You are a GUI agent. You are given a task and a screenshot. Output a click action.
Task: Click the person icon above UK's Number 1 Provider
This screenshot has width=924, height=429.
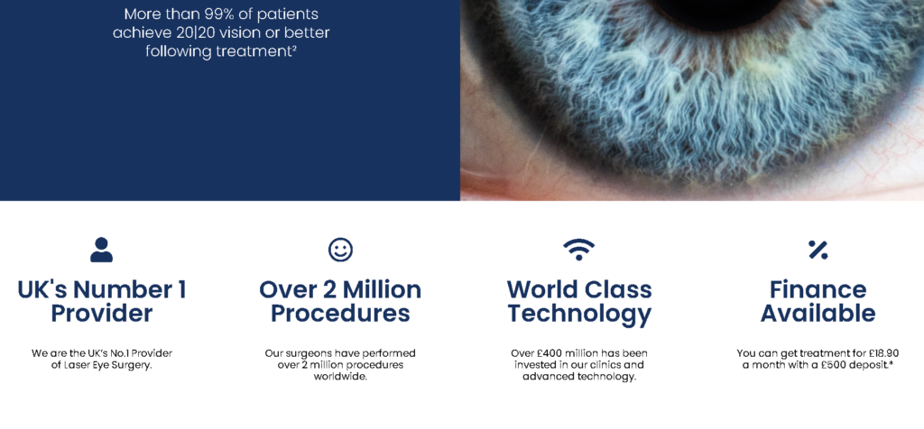coord(101,250)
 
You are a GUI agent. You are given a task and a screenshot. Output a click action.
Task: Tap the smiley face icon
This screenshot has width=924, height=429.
coord(340,250)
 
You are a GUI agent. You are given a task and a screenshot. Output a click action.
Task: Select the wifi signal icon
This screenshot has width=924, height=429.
coord(578,250)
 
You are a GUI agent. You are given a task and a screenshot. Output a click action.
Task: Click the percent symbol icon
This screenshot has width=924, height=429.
coord(818,250)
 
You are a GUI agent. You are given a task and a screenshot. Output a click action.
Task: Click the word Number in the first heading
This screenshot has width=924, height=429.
coord(119,289)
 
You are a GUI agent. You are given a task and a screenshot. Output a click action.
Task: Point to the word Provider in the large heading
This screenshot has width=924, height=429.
coord(101,313)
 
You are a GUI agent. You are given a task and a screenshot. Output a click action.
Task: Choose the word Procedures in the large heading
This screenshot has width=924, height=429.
coord(340,313)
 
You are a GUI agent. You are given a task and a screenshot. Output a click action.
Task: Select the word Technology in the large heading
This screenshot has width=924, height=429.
coord(579,314)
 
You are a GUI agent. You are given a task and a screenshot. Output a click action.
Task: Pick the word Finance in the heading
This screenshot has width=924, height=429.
coord(818,289)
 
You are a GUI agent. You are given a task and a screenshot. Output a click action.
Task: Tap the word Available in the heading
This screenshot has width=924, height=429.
coord(818,313)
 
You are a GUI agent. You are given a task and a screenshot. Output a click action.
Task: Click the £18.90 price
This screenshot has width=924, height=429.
coord(883,353)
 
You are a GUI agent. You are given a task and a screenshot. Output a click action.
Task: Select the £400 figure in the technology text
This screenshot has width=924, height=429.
coord(546,353)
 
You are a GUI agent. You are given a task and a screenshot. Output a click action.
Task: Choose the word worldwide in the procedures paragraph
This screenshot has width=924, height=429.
coord(340,377)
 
